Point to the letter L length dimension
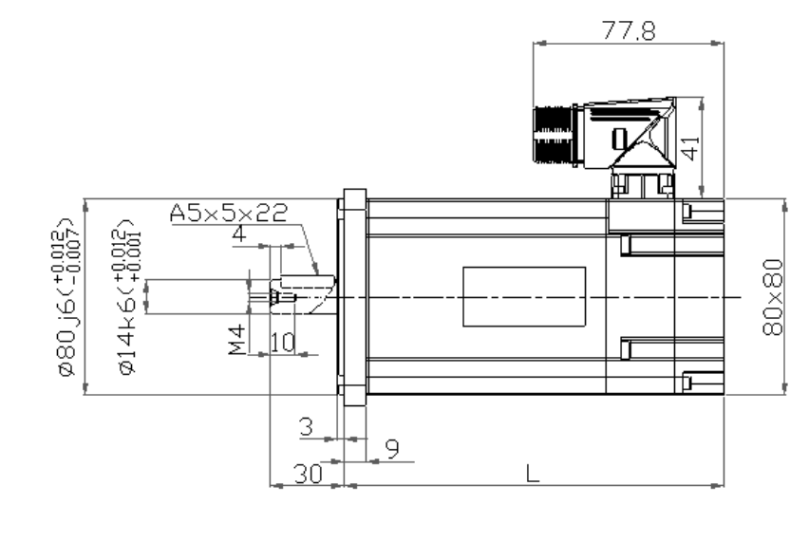point(533,473)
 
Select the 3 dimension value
point(306,427)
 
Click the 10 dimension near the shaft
point(281,341)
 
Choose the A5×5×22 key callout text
point(228,214)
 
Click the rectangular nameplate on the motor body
point(524,295)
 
